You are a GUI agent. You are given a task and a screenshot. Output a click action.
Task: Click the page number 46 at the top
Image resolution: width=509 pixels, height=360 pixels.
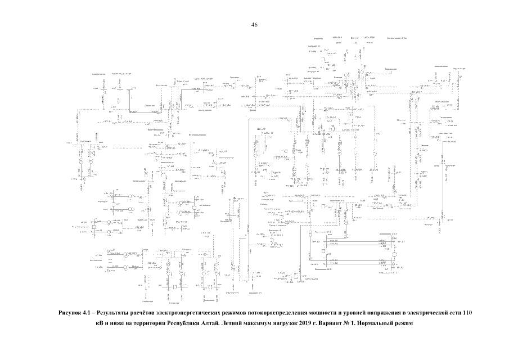click(254, 25)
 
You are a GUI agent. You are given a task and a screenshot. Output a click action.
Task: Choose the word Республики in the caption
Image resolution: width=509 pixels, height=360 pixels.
click(175, 323)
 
